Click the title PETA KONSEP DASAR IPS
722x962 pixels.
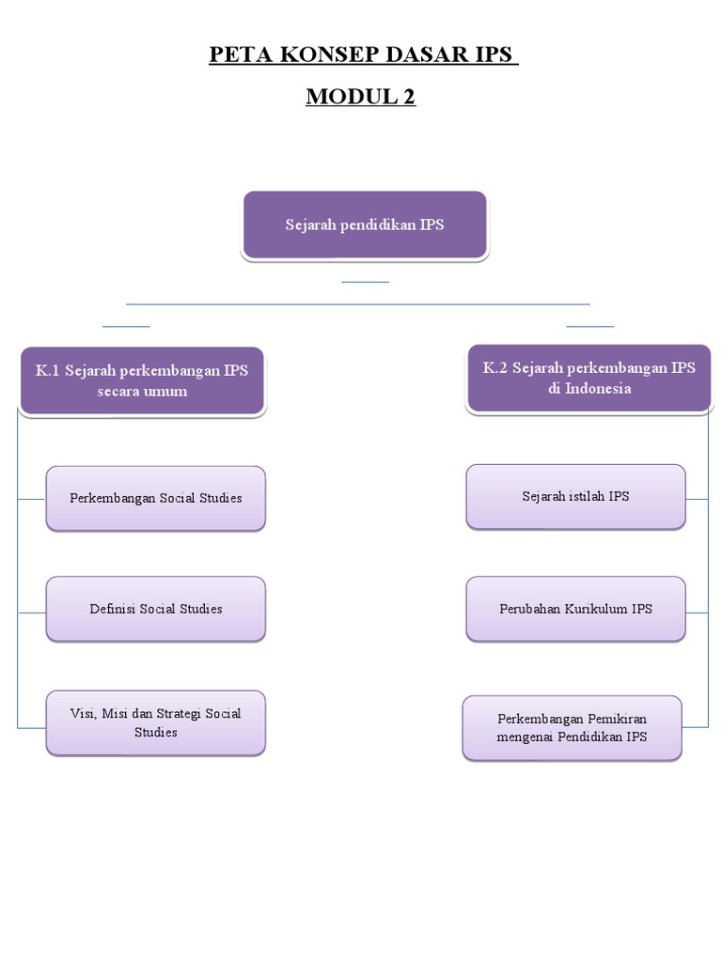(363, 54)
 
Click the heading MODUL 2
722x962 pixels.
(361, 96)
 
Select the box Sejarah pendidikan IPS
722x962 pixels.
(365, 225)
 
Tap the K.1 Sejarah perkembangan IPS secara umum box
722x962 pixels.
(142, 380)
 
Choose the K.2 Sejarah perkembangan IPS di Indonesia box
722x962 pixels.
(589, 378)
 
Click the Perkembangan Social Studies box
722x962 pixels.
(156, 498)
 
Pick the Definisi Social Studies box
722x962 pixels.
(156, 609)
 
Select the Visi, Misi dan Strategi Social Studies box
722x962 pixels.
(156, 722)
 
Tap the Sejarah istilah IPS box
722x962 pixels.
(575, 496)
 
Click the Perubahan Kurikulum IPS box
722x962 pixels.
(575, 609)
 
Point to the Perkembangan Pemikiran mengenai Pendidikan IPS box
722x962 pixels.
(572, 728)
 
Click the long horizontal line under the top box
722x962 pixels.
(357, 304)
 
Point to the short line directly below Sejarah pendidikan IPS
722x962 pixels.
(365, 281)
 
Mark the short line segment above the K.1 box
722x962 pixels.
(126, 326)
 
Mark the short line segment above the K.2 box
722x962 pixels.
(589, 326)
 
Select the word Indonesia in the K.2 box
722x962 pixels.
(589, 388)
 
